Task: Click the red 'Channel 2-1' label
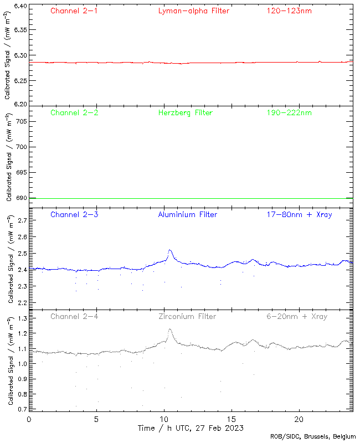[74, 11]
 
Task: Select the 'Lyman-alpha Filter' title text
[193, 11]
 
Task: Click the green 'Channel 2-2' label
[74, 112]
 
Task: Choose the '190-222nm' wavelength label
[288, 112]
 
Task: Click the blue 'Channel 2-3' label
[74, 214]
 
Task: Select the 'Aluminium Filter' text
[188, 214]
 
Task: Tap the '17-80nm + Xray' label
[299, 214]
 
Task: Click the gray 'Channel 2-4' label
[74, 316]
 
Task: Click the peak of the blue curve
[170, 250]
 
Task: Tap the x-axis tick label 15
[232, 419]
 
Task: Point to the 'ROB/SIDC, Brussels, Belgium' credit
[313, 437]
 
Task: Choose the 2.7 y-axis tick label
[20, 220]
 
